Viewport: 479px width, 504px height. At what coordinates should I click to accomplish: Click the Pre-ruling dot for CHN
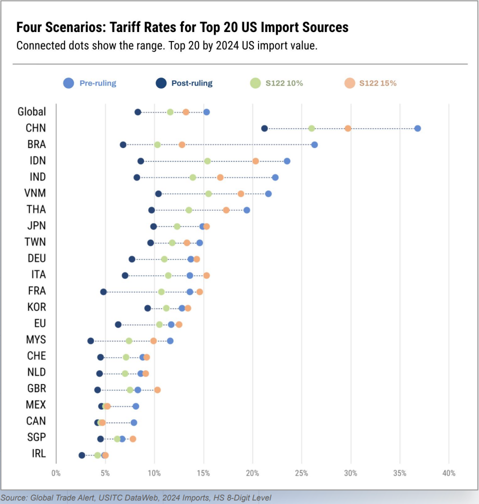(x=417, y=128)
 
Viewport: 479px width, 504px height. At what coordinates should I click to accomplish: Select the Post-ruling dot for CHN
(x=264, y=128)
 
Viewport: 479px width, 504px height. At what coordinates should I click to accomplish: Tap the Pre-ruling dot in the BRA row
(x=314, y=144)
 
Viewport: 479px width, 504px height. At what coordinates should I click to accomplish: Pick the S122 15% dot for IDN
(x=255, y=161)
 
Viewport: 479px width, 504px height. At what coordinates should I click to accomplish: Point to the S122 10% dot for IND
(x=193, y=177)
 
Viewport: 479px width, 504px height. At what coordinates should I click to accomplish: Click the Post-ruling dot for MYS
(x=90, y=341)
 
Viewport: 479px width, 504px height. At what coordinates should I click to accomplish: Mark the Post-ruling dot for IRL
(x=82, y=455)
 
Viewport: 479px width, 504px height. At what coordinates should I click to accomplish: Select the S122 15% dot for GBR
(x=157, y=390)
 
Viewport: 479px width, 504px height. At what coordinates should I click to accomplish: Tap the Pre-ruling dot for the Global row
(x=206, y=112)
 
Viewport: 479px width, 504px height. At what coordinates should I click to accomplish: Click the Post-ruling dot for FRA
(x=103, y=292)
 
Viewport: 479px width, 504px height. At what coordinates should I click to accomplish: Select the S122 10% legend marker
(x=255, y=83)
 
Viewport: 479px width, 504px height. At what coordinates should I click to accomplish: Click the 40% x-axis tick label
(x=449, y=473)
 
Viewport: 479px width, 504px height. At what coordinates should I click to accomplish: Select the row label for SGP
(x=36, y=437)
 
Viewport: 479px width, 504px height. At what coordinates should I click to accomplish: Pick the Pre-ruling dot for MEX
(x=135, y=406)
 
